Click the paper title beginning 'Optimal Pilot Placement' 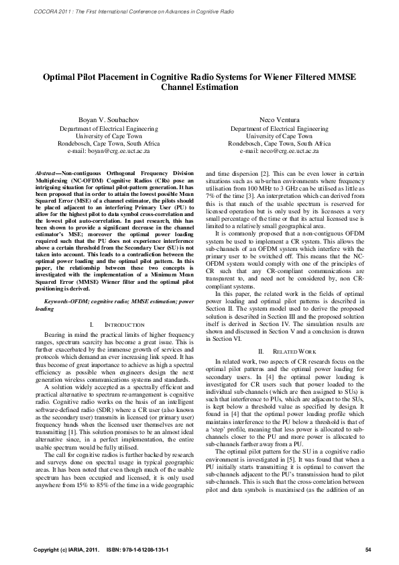point(199,77)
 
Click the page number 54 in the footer point(368,550)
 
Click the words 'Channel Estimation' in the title point(199,87)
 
